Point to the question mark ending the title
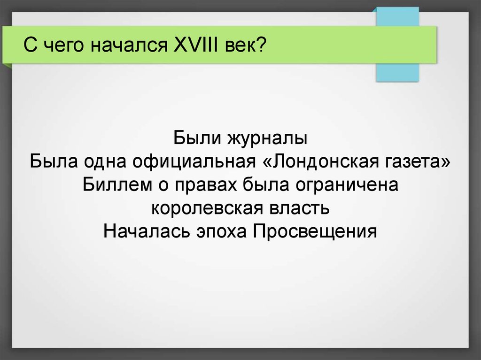tap(261, 45)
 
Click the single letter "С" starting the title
tap(31, 45)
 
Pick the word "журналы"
tap(267, 138)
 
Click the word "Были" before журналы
tap(197, 138)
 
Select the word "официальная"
tap(194, 161)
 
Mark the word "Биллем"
tap(117, 184)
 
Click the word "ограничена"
tap(347, 186)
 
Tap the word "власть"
tap(300, 208)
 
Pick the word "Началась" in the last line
tap(147, 231)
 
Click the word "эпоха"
tap(221, 232)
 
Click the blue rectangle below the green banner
tap(397, 72)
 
